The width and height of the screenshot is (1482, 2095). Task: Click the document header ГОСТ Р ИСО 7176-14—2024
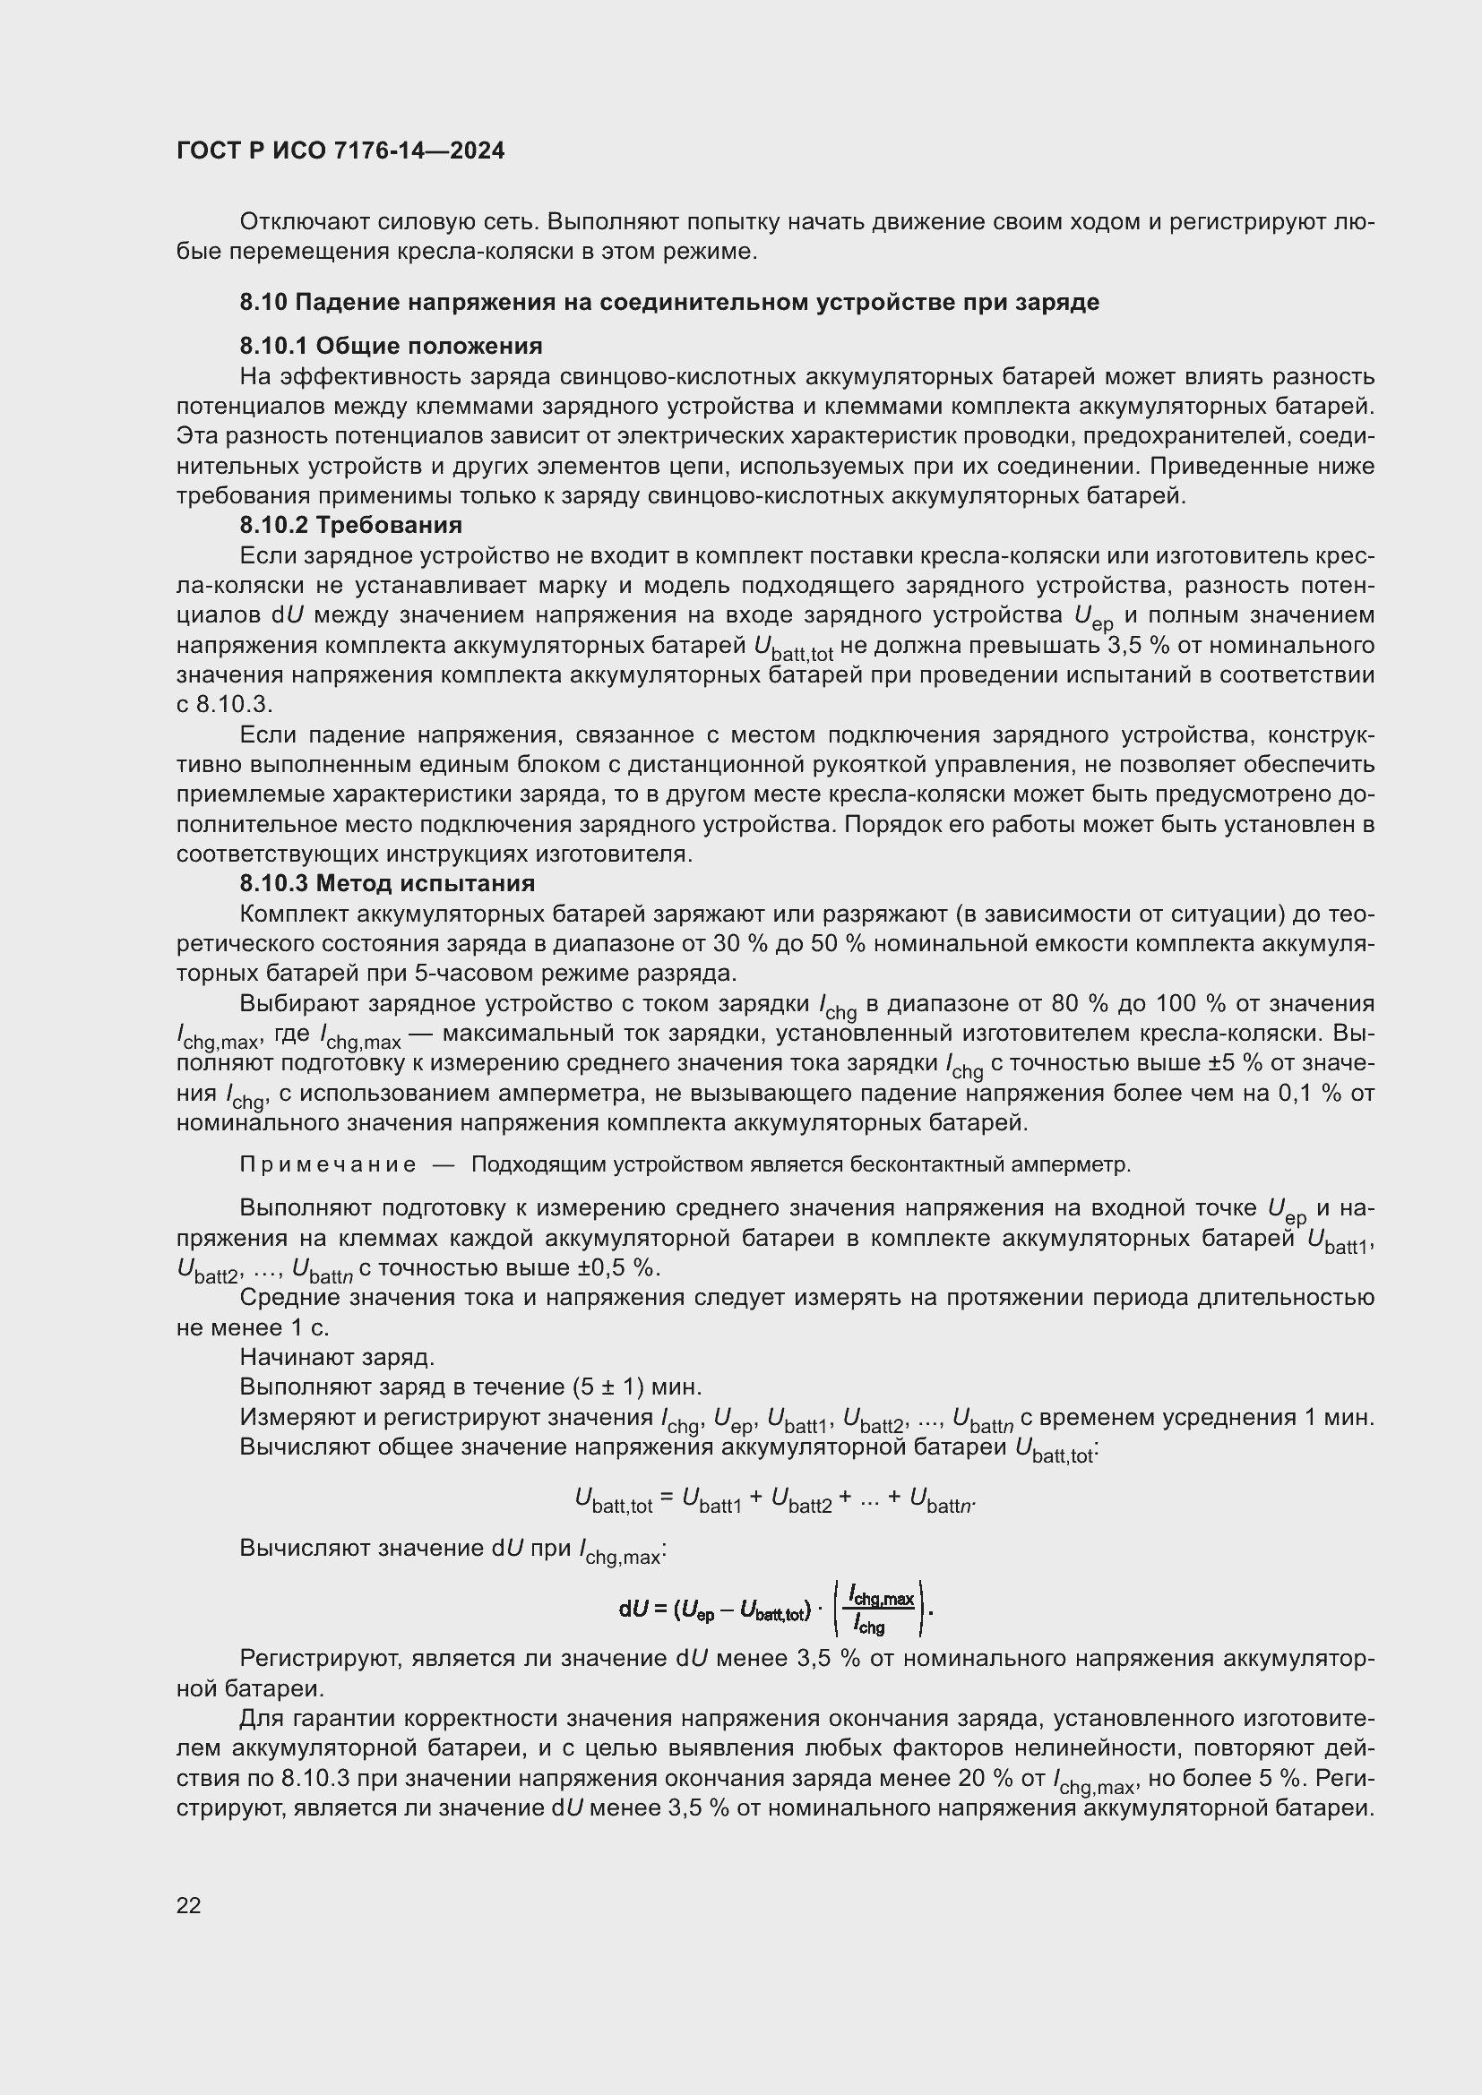pyautogui.click(x=340, y=151)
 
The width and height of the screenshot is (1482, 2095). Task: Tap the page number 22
pyautogui.click(x=189, y=1905)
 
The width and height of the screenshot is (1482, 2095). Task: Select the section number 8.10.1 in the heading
pyautogui.click(x=274, y=346)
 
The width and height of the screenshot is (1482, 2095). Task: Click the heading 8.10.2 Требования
pyautogui.click(x=350, y=525)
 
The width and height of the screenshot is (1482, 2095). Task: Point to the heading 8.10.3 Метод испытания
pyautogui.click(x=387, y=883)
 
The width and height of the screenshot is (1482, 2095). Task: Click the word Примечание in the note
pyautogui.click(x=328, y=1165)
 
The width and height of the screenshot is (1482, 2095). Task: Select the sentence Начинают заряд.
pyautogui.click(x=337, y=1357)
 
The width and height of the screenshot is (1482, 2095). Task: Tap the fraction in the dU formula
pyautogui.click(x=881, y=1610)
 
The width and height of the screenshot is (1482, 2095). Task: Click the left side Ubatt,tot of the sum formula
pyautogui.click(x=613, y=1498)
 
